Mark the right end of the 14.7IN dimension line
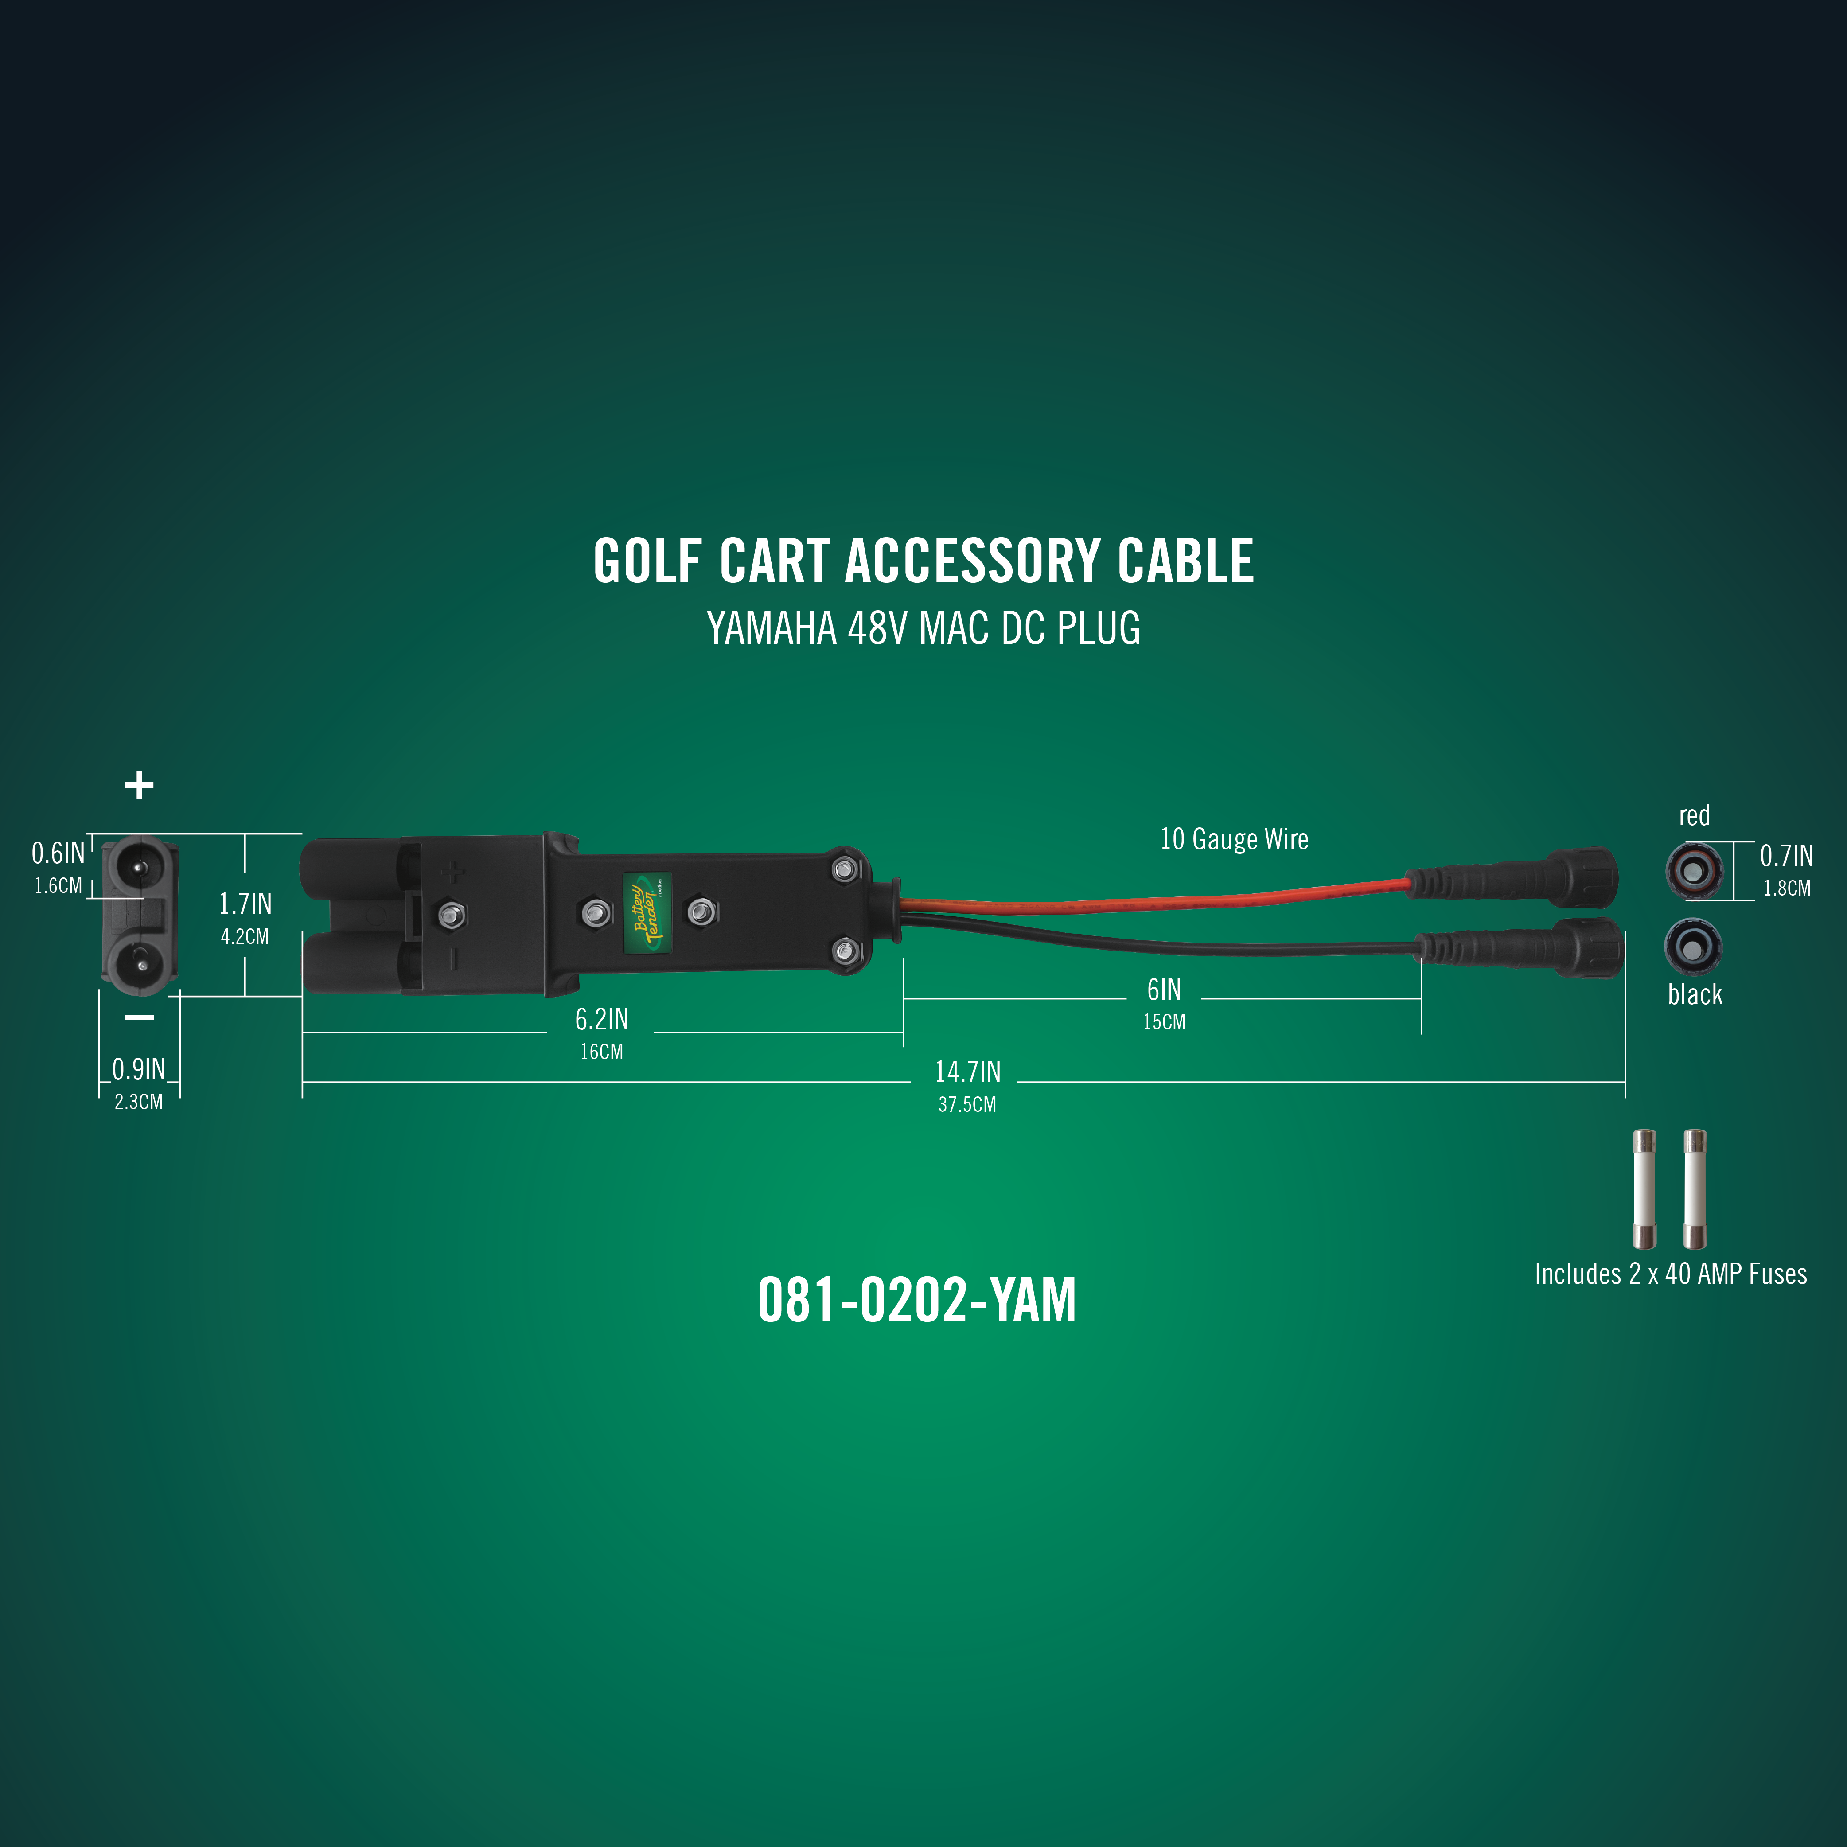(x=1625, y=1082)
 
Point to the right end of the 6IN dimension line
(x=1422, y=998)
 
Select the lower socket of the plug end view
(x=140, y=964)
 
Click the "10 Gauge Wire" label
(x=1234, y=839)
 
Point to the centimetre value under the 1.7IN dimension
(x=245, y=937)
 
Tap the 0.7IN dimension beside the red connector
(x=1786, y=856)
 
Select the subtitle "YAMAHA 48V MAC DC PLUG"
(x=923, y=628)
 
